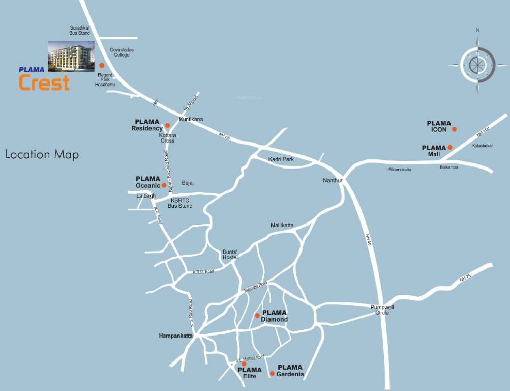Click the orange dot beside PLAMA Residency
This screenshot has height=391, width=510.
click(167, 125)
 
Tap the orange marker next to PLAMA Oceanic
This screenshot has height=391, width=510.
click(164, 185)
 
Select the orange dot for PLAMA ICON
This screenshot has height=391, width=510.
click(455, 129)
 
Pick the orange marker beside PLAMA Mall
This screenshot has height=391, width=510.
click(450, 147)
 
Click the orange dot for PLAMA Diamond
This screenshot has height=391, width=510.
click(257, 316)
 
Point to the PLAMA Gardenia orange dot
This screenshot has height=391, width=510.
click(272, 374)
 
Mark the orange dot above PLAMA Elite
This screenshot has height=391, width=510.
click(244, 364)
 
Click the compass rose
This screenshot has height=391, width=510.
click(477, 65)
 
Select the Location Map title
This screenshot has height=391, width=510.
click(42, 154)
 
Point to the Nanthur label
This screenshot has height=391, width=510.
click(333, 181)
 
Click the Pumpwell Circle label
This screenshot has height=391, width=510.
click(382, 310)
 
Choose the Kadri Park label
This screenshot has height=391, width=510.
click(281, 159)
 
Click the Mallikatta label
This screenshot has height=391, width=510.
click(282, 225)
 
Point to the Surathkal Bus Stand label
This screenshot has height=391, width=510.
click(80, 30)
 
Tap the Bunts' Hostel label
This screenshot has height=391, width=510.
click(230, 255)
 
